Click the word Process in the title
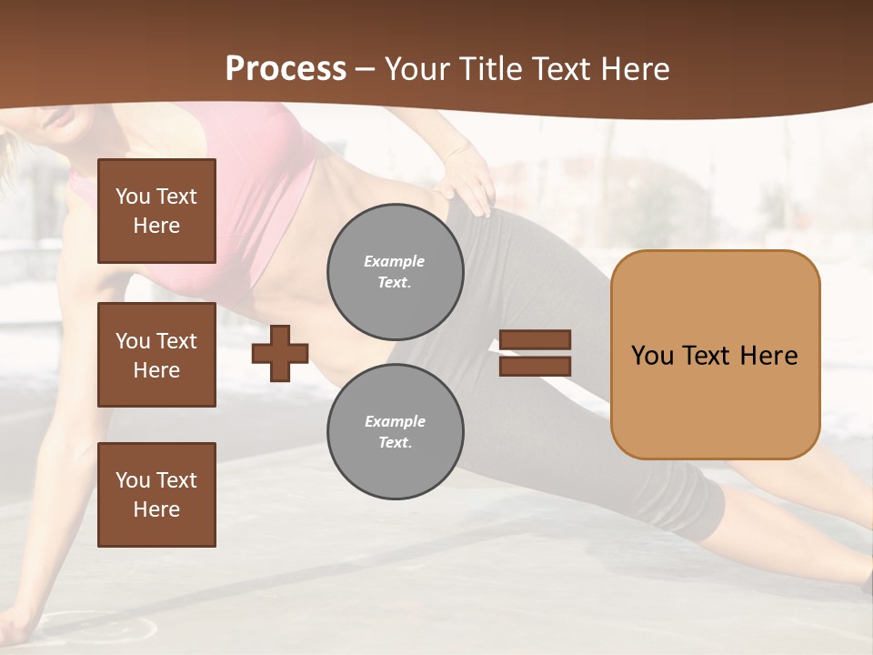pyautogui.click(x=286, y=69)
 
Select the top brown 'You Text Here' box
pyautogui.click(x=156, y=211)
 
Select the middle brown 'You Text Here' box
pyautogui.click(x=156, y=355)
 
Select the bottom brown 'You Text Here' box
pyautogui.click(x=156, y=494)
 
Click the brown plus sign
pyautogui.click(x=280, y=352)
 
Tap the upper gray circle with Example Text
pyautogui.click(x=396, y=271)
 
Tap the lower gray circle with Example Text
pyautogui.click(x=396, y=431)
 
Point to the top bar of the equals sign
pyautogui.click(x=535, y=339)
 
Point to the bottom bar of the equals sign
pyautogui.click(x=535, y=366)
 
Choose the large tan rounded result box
pyautogui.click(x=715, y=355)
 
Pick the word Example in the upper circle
pyautogui.click(x=395, y=261)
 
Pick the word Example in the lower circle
pyautogui.click(x=395, y=421)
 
